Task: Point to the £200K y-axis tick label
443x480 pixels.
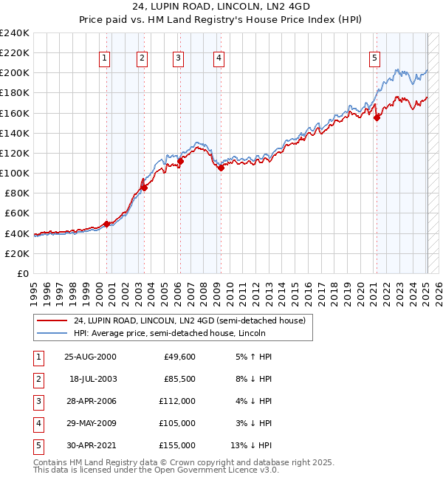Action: coord(15,73)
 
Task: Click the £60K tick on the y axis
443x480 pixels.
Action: coord(17,213)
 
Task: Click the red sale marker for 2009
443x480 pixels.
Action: coord(221,168)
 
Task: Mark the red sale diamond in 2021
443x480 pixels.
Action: coord(377,117)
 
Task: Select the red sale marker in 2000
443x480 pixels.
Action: coord(106,223)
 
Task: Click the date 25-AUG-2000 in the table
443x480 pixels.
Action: coord(91,357)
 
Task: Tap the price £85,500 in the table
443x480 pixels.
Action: coord(178,379)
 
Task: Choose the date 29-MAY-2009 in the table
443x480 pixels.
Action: coord(91,423)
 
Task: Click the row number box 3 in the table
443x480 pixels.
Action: coord(37,401)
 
